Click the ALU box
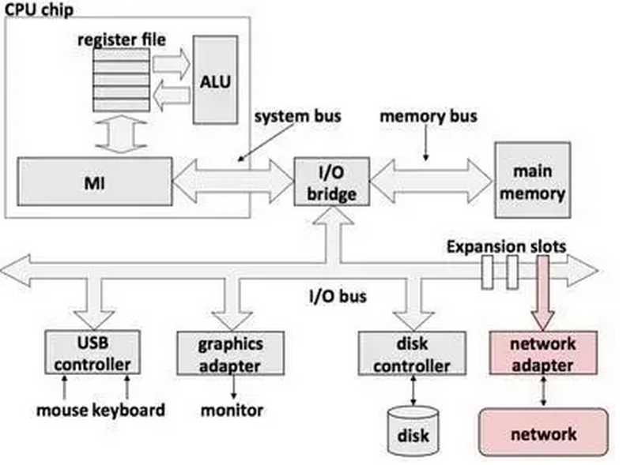(x=215, y=80)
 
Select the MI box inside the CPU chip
(x=95, y=182)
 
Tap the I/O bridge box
(x=332, y=182)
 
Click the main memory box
(x=532, y=180)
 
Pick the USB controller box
(x=93, y=352)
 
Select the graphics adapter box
(x=230, y=353)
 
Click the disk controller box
(x=412, y=353)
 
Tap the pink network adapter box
(x=543, y=353)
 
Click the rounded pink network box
(x=543, y=433)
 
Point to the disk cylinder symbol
(x=413, y=431)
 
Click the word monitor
(x=232, y=411)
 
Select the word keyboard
(x=129, y=411)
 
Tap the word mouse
(x=62, y=411)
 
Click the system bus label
(x=298, y=116)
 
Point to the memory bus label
(x=429, y=116)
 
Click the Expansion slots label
(x=507, y=247)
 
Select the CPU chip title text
(x=39, y=9)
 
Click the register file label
(x=122, y=39)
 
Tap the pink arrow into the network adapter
(x=542, y=293)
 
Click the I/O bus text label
(x=338, y=296)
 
